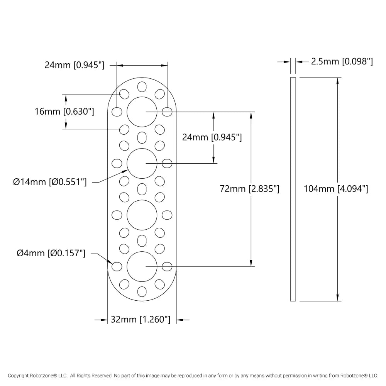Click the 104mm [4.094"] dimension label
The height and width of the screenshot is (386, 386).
click(x=335, y=189)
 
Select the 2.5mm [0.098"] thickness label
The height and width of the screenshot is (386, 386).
click(x=342, y=61)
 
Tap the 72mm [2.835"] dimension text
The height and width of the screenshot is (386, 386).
click(x=249, y=189)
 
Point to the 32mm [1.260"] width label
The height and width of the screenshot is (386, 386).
click(x=141, y=320)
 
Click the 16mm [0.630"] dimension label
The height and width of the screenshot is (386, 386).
click(x=64, y=112)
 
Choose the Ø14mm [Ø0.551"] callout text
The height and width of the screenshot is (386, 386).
click(x=50, y=182)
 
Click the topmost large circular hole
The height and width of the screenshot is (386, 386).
click(x=142, y=112)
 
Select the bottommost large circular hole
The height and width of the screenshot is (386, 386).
click(x=142, y=266)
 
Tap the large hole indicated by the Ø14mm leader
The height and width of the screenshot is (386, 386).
click(x=142, y=163)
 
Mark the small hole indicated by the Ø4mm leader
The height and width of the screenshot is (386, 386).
click(x=117, y=266)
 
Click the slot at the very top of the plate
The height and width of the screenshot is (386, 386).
click(x=142, y=86)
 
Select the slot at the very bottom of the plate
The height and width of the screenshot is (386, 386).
click(x=142, y=291)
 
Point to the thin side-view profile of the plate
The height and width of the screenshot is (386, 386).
click(x=293, y=189)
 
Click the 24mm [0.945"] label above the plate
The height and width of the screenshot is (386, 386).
click(x=74, y=65)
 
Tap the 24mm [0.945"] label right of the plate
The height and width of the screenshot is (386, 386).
click(x=212, y=137)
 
